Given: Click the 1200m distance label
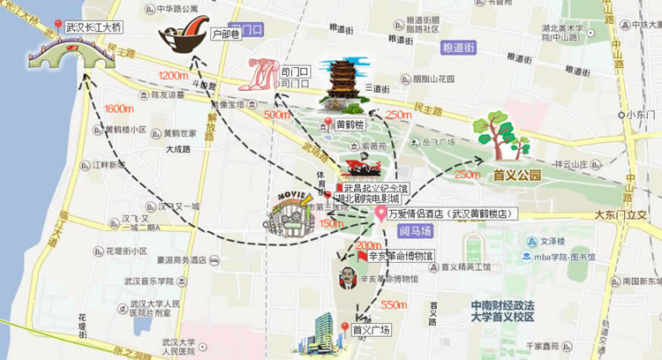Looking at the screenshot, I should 175,74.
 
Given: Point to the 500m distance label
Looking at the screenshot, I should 276,115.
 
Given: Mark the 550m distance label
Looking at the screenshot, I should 394,304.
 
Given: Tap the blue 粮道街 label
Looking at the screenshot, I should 459,48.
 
